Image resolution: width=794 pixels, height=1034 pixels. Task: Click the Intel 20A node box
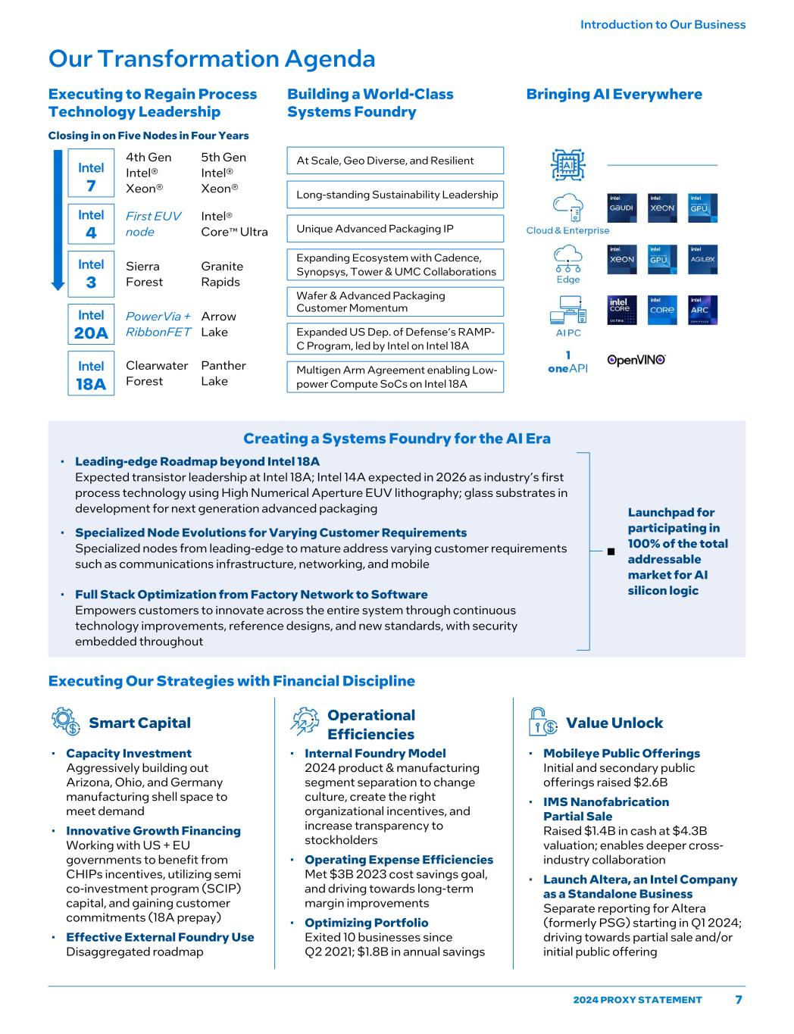coord(91,324)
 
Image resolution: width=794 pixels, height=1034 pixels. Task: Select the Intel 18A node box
coord(91,374)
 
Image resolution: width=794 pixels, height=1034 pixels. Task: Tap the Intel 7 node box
coord(91,176)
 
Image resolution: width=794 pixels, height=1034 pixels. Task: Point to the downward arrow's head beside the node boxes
coord(58,285)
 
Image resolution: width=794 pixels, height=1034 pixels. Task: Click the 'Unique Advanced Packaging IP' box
coord(395,229)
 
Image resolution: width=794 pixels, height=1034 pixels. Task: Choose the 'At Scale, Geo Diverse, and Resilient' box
coord(395,161)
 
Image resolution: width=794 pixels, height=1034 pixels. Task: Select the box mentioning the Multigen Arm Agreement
coord(395,377)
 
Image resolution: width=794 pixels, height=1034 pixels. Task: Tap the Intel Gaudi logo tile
coord(622,208)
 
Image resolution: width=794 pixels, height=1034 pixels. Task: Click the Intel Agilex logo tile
coord(702,260)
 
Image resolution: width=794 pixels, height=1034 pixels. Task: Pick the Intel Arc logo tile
coord(702,311)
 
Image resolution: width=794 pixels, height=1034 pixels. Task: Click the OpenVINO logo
coord(636,361)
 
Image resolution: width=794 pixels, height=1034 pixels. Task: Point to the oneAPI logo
coord(567,362)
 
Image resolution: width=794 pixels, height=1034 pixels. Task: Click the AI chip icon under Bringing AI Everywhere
coord(567,164)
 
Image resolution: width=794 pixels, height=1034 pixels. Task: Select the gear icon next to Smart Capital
coord(66,722)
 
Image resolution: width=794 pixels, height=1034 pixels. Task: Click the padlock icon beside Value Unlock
coord(542,722)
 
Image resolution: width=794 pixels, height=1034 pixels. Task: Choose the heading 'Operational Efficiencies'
coord(370,725)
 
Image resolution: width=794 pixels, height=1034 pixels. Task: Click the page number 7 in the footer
coord(739,1000)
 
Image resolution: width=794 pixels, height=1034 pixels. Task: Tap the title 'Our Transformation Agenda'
coord(212,59)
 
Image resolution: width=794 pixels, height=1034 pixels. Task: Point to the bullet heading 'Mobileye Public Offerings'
coord(621,753)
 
